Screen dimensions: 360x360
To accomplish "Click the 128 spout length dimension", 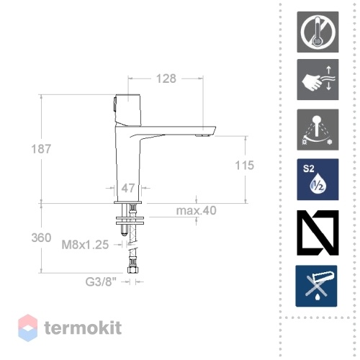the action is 166,78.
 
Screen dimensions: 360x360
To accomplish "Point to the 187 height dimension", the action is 41,149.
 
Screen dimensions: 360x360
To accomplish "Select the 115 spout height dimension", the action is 244,166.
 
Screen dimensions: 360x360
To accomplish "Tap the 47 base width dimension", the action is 128,188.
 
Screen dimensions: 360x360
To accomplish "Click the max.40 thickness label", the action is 197,210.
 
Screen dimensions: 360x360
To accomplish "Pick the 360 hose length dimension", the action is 41,238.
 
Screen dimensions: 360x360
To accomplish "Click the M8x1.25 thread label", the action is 85,245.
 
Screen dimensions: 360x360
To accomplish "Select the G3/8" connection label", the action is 101,282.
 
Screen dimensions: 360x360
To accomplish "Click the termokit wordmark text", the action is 83,328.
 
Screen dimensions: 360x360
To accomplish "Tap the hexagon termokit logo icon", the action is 28,328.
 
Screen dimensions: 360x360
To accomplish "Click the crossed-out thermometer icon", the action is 318,32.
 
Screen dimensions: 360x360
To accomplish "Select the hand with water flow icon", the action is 318,80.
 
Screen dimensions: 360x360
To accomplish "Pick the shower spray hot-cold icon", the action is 318,130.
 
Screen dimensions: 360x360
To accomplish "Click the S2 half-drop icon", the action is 318,179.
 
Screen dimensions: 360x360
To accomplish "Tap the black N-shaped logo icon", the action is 318,233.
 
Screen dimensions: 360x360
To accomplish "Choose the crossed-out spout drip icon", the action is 316,286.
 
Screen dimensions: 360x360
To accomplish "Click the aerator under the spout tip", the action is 203,135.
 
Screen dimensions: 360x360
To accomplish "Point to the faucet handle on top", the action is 127,109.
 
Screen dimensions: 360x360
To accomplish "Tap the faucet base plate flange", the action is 128,202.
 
